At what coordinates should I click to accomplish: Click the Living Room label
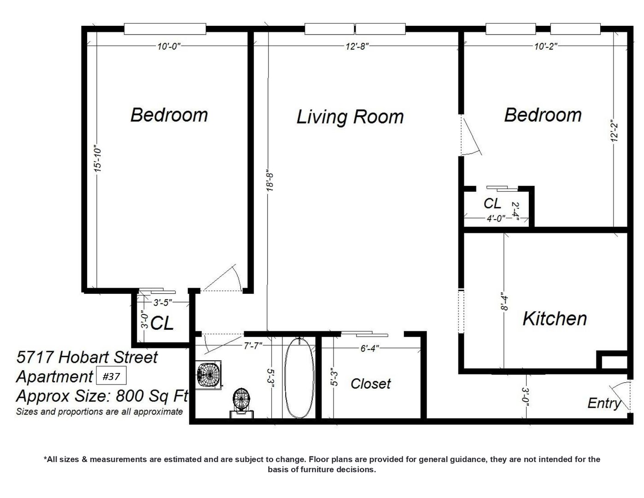350,117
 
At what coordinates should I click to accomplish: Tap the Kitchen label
555,319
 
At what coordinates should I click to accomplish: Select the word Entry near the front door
604,403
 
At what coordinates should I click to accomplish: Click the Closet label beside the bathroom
371,384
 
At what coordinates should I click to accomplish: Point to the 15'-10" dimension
98,158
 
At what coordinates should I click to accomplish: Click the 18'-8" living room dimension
269,180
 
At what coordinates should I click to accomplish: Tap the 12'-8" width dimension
357,47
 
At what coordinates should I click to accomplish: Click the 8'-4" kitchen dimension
504,302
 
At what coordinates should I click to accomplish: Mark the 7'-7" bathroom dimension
253,346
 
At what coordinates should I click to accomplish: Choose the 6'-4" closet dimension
369,348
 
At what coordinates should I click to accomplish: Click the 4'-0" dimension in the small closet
496,219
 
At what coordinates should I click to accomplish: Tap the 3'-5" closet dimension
163,303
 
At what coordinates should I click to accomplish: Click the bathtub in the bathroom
299,378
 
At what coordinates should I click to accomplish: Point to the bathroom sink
209,375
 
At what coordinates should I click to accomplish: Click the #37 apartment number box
111,376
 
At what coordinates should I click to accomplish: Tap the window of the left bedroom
165,29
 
